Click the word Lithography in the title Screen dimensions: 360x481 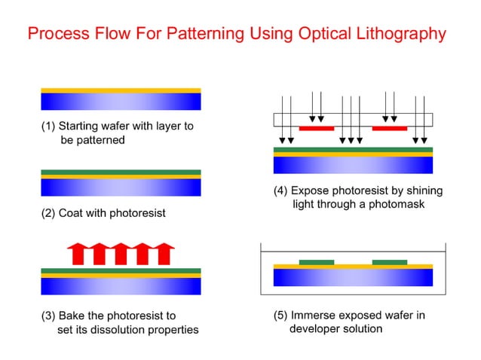point(400,34)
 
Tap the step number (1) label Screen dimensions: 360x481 point(48,126)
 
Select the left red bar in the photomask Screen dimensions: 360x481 point(316,128)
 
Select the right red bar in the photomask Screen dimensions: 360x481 point(389,128)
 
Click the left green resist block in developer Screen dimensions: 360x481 point(316,262)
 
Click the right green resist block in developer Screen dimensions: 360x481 point(390,262)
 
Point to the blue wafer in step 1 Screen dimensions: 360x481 point(121,102)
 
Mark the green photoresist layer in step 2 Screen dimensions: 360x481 point(121,172)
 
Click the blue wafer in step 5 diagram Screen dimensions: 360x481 point(353,277)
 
